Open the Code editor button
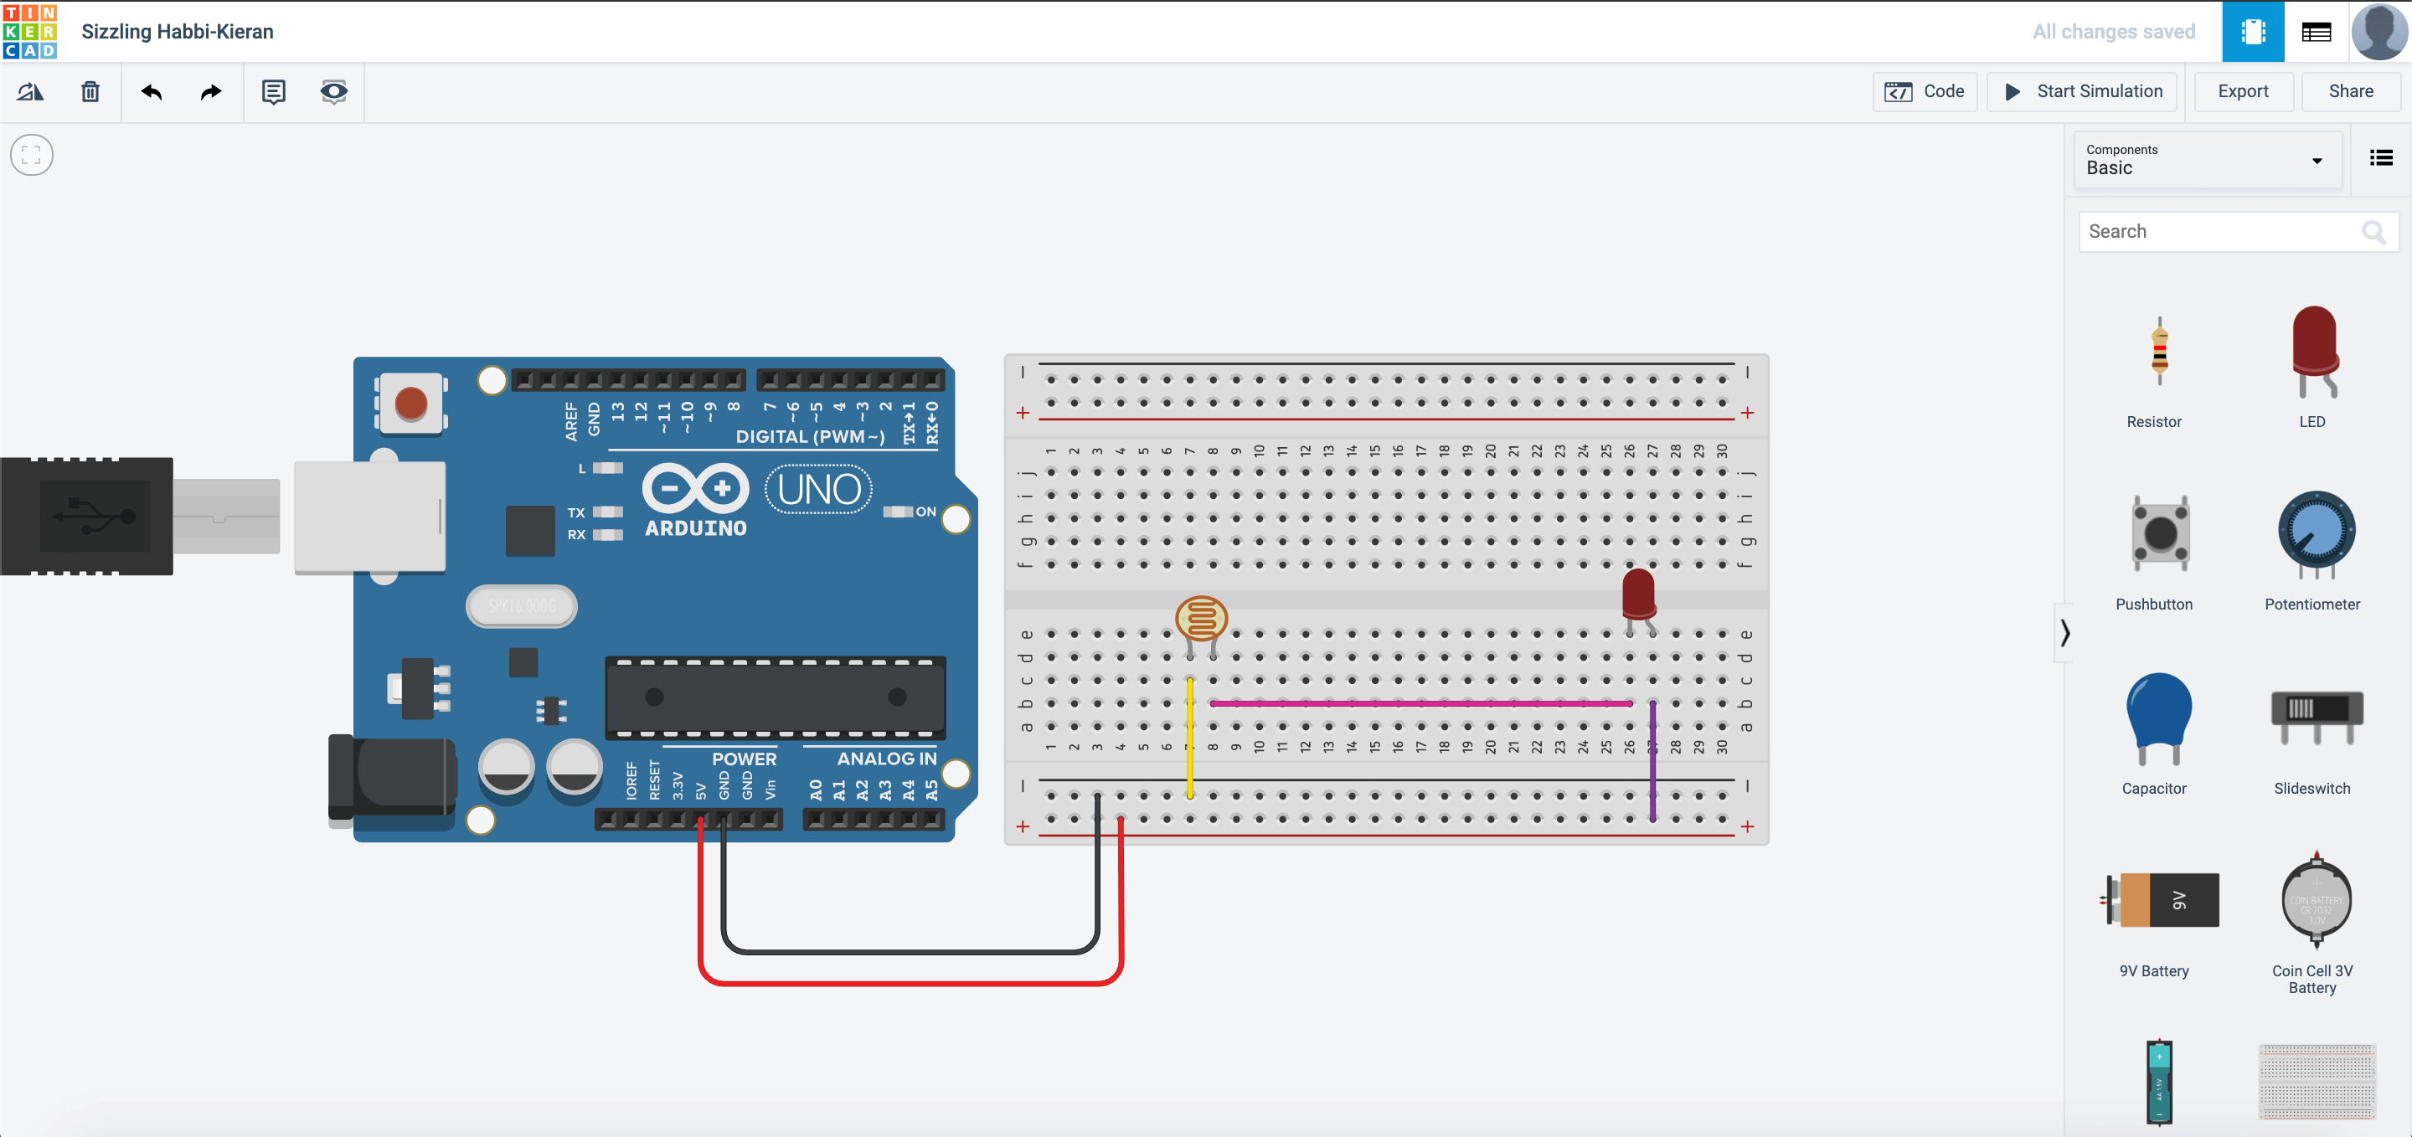(x=1925, y=90)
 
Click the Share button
(x=2350, y=90)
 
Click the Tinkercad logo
(x=30, y=31)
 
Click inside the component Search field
(x=2219, y=231)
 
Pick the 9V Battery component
(x=2159, y=900)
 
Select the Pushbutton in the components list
(x=2159, y=533)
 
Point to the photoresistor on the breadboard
(x=1201, y=619)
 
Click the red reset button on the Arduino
(x=411, y=404)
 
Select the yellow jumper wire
(x=1190, y=739)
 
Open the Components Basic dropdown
(x=2207, y=160)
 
